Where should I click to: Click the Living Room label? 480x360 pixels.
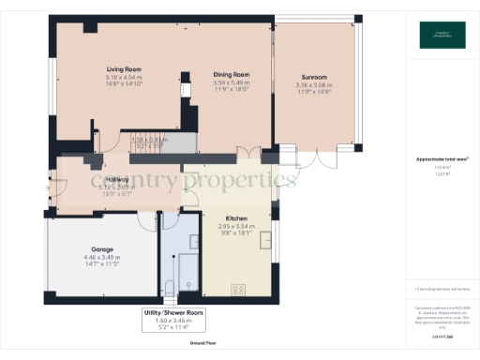(123, 69)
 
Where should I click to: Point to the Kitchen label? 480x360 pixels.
(223, 218)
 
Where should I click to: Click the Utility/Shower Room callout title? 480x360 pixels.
(173, 312)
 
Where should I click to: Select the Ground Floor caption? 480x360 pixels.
(203, 343)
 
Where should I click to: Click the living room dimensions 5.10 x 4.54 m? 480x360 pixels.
(123, 77)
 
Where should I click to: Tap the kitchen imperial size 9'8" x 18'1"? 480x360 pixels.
(223, 233)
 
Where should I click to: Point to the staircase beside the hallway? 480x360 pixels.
(163, 142)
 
